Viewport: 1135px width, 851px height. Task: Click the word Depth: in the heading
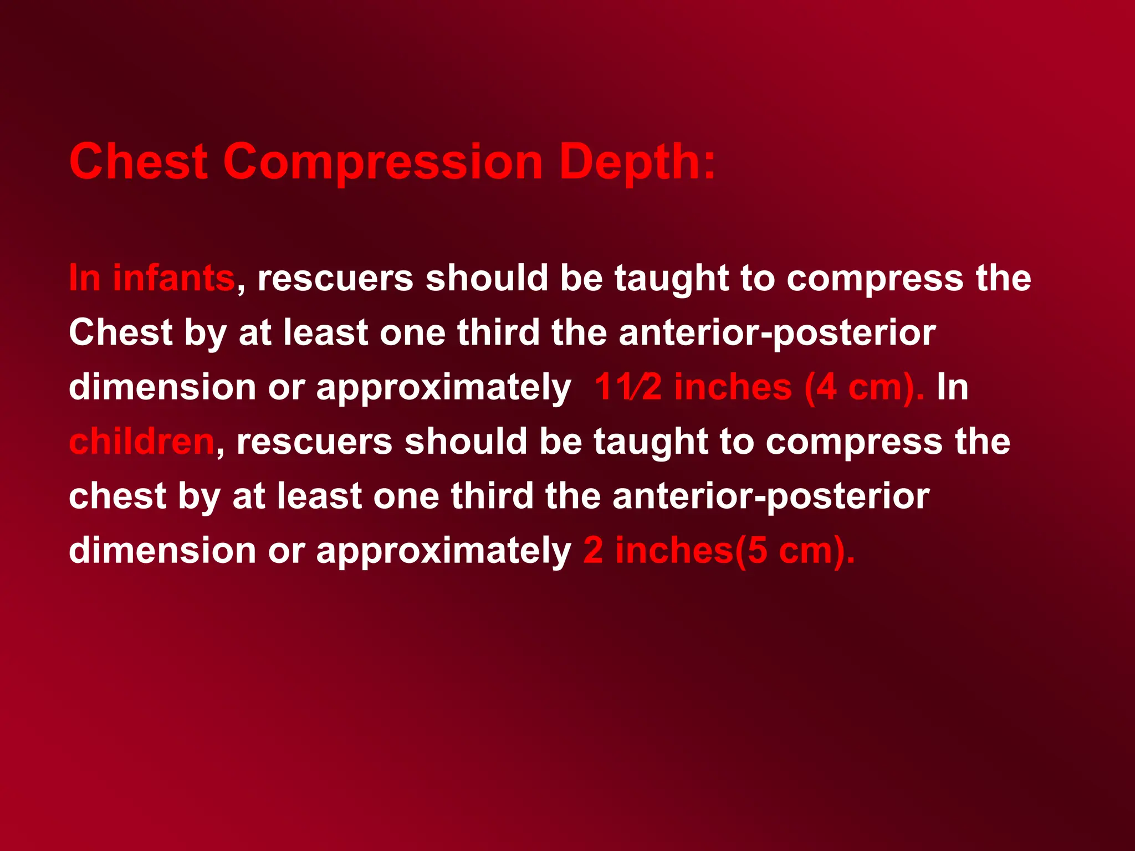pos(637,162)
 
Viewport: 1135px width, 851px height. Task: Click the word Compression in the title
pos(382,162)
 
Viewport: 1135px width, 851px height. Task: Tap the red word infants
pos(174,278)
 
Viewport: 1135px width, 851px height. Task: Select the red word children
pos(142,442)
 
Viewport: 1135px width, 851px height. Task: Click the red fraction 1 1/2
pos(628,387)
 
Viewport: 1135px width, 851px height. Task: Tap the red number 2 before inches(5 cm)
pos(593,551)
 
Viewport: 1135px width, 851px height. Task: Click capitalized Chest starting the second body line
pos(121,332)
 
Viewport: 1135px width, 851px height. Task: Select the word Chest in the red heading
pos(139,162)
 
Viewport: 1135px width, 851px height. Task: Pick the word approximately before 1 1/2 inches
pos(443,388)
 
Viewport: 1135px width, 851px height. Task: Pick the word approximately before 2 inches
pos(443,552)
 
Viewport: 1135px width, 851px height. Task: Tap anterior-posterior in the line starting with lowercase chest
pos(771,496)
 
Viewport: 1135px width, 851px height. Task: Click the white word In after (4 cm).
pos(953,387)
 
